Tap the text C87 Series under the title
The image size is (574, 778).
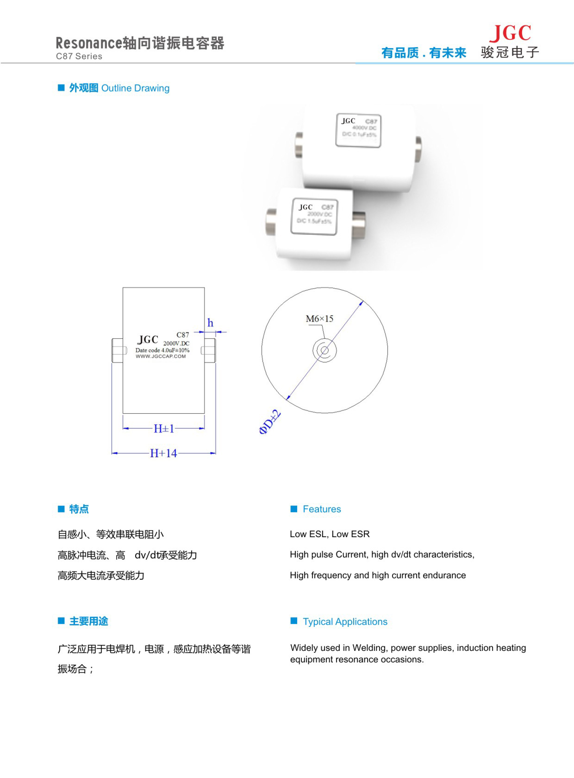coord(79,56)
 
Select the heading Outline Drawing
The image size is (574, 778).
coord(135,88)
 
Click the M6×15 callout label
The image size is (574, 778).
coord(319,319)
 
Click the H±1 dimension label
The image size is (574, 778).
coord(164,429)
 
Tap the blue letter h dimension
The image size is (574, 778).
coord(210,323)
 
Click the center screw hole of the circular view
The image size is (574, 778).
coord(324,350)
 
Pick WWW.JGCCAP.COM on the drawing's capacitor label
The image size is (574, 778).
coord(161,356)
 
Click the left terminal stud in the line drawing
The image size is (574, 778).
coord(117,350)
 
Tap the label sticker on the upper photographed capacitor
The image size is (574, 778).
coord(358,130)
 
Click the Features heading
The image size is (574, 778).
coord(322,509)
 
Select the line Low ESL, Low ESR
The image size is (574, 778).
coord(330,534)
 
